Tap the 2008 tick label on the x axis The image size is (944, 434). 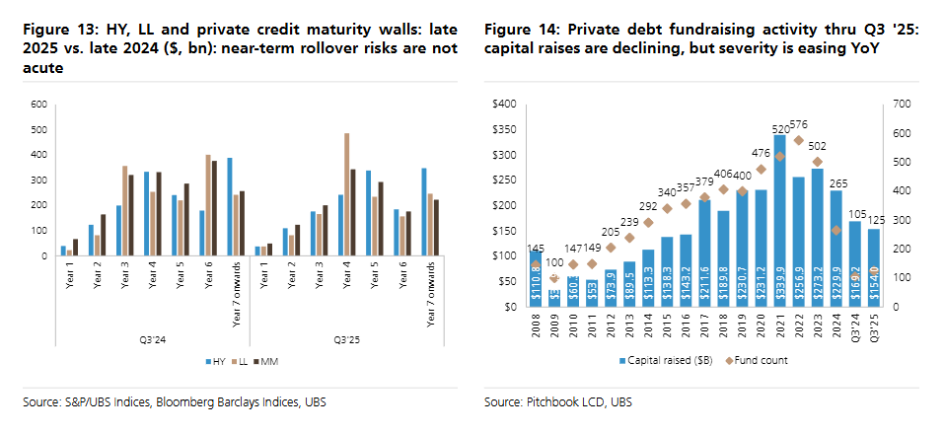534,325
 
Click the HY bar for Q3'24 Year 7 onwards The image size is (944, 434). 230,206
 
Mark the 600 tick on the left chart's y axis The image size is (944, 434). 39,104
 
